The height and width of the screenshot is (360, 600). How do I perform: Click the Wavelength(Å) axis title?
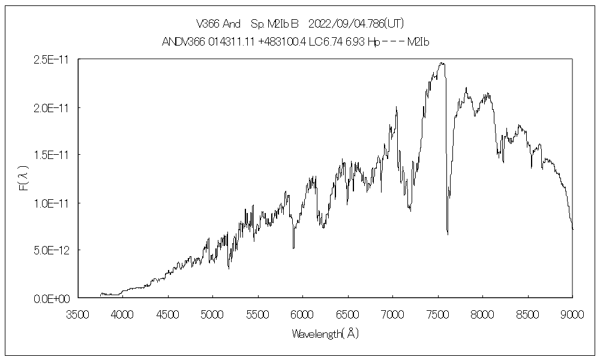click(325, 333)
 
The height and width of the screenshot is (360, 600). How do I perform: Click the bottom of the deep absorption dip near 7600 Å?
click(448, 233)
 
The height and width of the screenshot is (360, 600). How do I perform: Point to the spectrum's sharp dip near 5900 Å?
click(293, 248)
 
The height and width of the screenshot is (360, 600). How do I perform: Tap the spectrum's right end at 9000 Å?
click(572, 229)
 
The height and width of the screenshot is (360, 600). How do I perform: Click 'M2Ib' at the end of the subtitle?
click(420, 42)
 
